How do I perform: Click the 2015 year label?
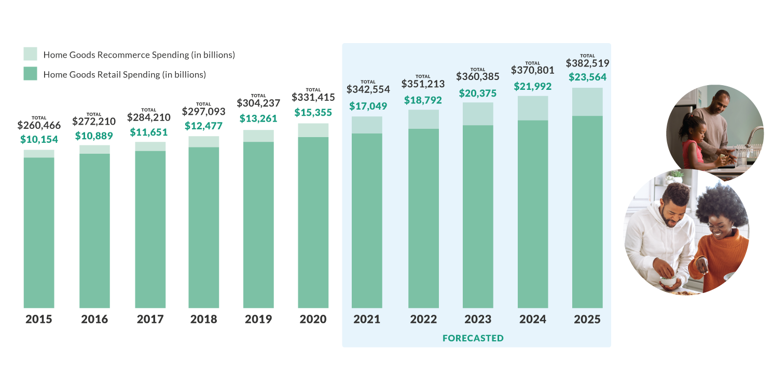pos(39,319)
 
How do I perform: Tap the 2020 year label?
pos(313,319)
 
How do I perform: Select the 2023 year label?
pos(478,319)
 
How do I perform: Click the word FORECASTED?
pos(473,338)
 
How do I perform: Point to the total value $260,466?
pos(39,125)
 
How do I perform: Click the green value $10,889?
pos(94,136)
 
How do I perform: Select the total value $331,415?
pos(313,97)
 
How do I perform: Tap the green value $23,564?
pos(587,77)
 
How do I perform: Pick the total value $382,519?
pos(587,63)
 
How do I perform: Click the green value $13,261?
pos(258,118)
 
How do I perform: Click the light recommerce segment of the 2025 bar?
pos(587,102)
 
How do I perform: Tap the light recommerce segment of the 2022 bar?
pos(423,119)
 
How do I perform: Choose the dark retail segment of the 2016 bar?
pos(94,231)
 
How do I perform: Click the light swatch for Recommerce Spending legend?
pos(30,54)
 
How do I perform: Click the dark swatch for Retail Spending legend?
pos(30,74)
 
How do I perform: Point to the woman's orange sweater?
pos(721,254)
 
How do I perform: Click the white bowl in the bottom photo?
pos(668,281)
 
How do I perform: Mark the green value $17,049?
pos(368,106)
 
